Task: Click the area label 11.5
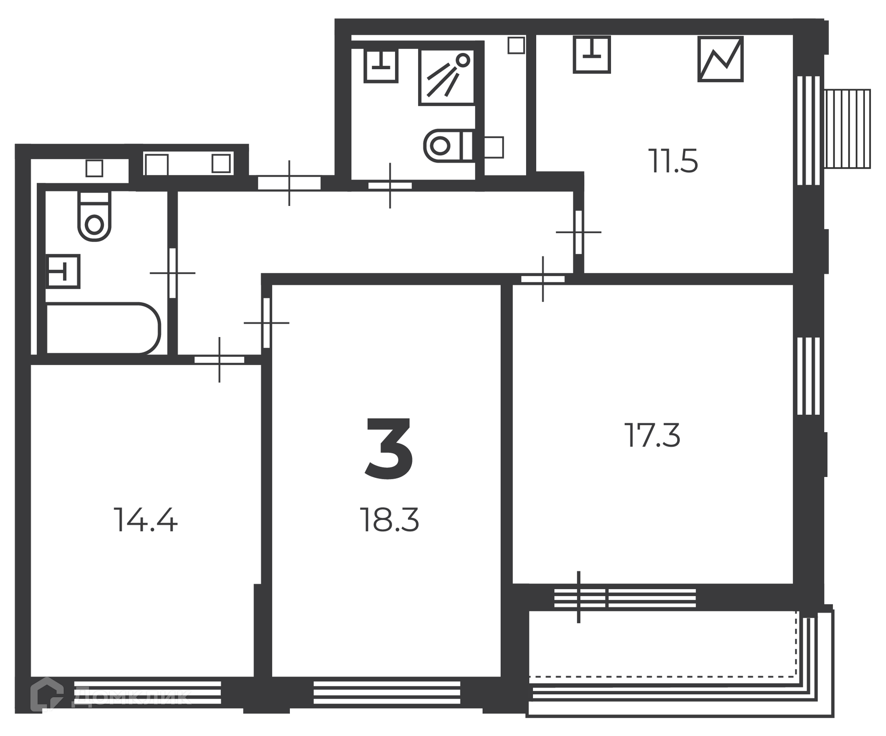point(673,161)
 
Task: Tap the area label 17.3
point(653,435)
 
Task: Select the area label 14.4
point(145,520)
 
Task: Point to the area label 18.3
point(389,520)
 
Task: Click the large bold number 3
point(389,447)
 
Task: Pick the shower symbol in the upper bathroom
point(447,77)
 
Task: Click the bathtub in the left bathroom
point(103,328)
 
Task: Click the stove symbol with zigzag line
point(720,59)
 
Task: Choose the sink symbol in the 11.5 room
point(592,54)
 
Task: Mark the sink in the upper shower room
point(381,66)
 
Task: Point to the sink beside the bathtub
point(63,271)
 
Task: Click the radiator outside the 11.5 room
point(848,128)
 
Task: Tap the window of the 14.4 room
point(148,693)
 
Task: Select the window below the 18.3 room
point(387,693)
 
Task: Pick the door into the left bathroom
point(173,273)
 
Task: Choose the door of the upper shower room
point(390,186)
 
